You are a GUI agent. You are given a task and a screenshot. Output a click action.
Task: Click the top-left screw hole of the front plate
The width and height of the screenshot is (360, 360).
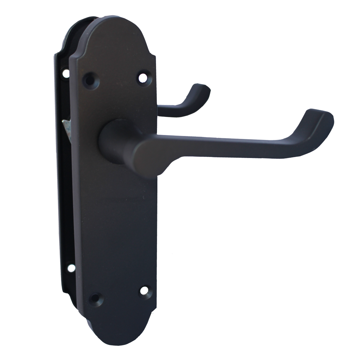coord(89,80)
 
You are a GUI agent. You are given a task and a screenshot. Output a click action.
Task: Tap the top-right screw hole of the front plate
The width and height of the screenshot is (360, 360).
coord(143,77)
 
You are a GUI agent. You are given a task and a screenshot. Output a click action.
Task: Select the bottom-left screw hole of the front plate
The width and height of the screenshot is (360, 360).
coord(96,297)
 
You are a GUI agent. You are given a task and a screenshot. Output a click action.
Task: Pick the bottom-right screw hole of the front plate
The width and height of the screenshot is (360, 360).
coord(144,291)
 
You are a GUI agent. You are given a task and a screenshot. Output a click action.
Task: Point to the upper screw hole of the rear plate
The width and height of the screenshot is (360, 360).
coord(66,73)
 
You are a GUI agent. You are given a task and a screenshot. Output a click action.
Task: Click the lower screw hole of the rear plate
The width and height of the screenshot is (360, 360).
coord(71,268)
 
